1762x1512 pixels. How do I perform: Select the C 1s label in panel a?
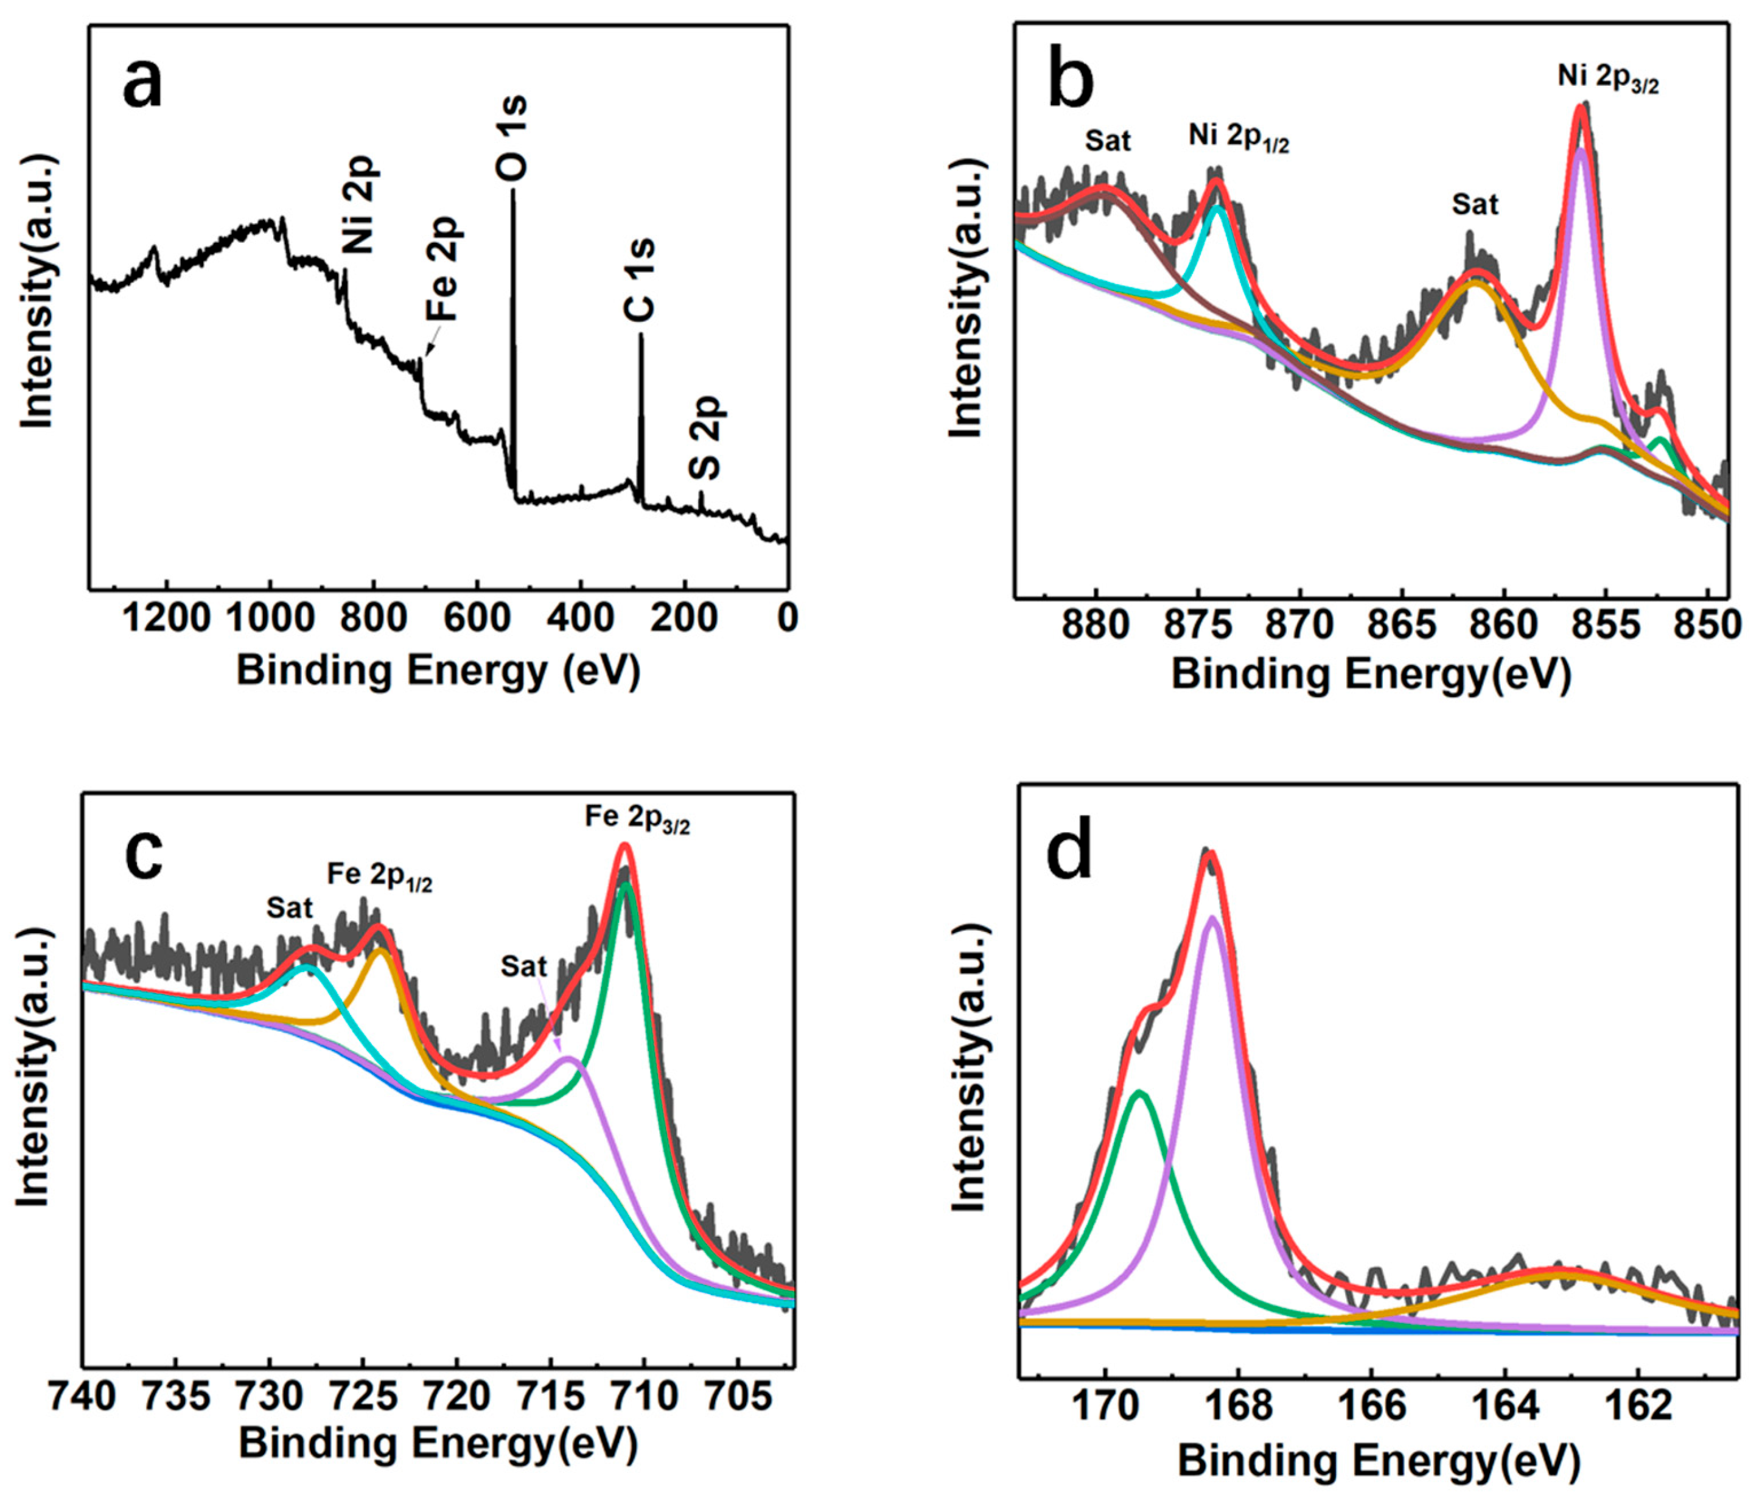[x=640, y=281]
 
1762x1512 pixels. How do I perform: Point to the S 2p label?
[x=705, y=438]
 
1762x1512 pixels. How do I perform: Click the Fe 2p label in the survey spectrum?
[x=444, y=268]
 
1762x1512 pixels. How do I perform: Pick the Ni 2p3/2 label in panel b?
[x=1607, y=79]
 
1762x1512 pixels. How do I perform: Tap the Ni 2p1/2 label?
[x=1238, y=136]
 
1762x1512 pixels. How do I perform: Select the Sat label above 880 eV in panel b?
[x=1107, y=141]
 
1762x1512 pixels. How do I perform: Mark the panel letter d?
[x=1070, y=855]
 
